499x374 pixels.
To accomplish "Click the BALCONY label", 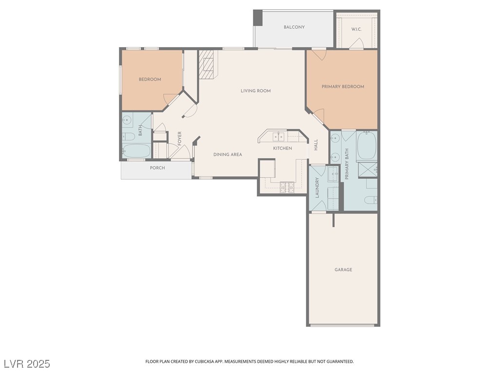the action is point(294,27).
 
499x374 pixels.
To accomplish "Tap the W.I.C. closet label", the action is point(356,29).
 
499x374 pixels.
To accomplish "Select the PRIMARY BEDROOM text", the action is point(343,87).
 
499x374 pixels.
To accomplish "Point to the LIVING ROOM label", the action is point(255,91).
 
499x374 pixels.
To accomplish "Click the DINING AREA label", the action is point(228,154).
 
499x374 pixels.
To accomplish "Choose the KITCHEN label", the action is point(282,148).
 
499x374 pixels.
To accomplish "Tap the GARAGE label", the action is point(343,270).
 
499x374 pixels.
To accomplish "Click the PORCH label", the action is point(157,168).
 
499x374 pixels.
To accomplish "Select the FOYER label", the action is point(179,139).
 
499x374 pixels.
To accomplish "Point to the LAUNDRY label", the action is point(317,187).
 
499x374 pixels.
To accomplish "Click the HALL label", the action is point(316,145).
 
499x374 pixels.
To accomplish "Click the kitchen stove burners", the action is point(287,187).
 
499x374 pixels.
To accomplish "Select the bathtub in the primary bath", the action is point(367,145).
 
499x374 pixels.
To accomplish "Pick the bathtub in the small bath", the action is point(136,151).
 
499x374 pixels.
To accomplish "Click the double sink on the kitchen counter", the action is point(278,136).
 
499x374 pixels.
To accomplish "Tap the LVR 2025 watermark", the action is point(27,364).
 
